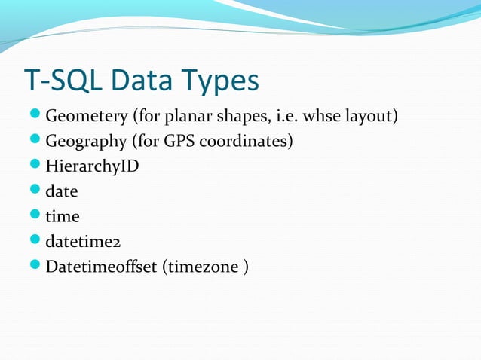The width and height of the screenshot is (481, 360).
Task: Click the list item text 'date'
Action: [62, 191]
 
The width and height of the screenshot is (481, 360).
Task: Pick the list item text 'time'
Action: [63, 216]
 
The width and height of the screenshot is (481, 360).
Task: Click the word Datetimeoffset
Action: [102, 266]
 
